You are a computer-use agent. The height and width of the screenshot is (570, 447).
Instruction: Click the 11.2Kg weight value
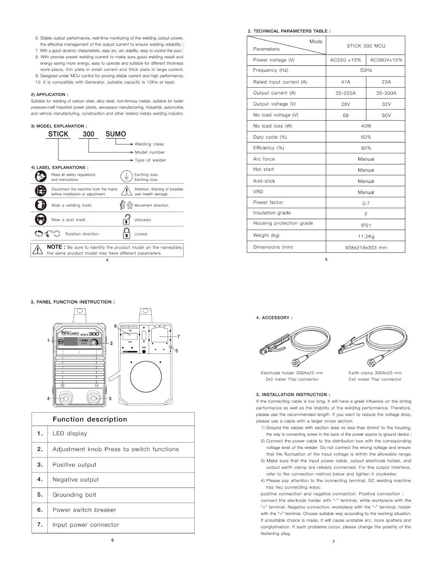coord(366,236)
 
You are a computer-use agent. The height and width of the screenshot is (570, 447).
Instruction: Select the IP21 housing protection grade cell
coord(366,225)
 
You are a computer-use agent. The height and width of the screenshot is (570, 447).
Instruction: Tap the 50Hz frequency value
coord(366,70)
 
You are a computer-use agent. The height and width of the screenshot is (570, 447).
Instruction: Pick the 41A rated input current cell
coord(346,82)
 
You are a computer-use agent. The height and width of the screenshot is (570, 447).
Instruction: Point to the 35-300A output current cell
coord(386,93)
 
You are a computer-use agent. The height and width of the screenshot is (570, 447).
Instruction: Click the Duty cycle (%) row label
coord(270,137)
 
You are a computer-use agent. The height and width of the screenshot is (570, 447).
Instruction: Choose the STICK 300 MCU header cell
coord(366,46)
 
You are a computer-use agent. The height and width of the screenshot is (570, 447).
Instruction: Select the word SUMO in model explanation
coord(116,134)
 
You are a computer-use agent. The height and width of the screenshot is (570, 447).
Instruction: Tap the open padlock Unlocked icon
coord(126,219)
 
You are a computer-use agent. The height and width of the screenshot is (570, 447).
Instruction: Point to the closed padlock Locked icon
coord(126,233)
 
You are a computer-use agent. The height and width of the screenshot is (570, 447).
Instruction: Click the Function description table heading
coord(90,419)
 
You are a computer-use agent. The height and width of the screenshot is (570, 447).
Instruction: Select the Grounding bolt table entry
coord(74,495)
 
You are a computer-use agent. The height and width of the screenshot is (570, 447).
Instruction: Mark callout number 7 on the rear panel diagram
coord(178,336)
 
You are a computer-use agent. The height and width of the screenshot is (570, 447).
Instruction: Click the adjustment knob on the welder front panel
coord(94,342)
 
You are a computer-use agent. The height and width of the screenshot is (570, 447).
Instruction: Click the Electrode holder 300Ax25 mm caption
coord(292,373)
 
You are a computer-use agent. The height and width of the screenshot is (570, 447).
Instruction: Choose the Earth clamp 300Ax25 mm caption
coord(375,373)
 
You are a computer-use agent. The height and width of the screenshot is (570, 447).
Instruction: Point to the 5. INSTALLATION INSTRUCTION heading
coord(293,394)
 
